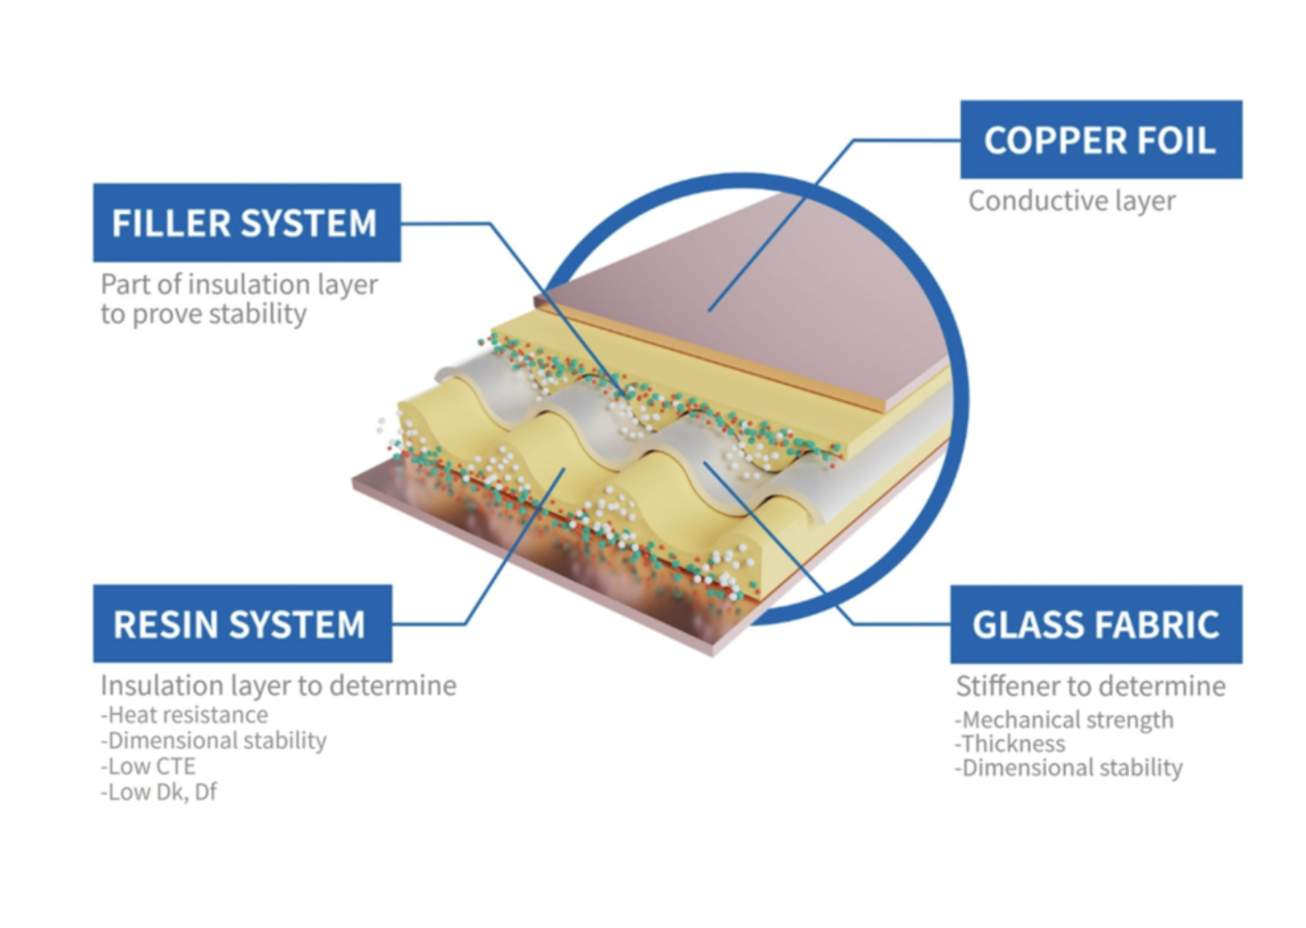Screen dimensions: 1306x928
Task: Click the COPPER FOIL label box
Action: [x=1101, y=140]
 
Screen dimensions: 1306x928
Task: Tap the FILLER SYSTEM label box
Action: [x=247, y=223]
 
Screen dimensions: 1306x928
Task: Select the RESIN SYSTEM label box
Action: [x=243, y=624]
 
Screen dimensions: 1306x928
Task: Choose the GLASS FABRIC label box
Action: [x=1096, y=624]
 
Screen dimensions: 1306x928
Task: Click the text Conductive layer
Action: [x=1071, y=201]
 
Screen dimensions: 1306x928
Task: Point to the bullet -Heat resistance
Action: [x=184, y=714]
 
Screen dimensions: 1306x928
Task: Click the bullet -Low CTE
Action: [x=148, y=765]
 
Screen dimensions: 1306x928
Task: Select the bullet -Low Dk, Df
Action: [x=159, y=792]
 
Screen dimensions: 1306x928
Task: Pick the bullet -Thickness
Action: [x=1010, y=743]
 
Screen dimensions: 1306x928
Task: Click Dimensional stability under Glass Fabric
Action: [x=1069, y=767]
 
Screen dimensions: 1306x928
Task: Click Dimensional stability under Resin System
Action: [x=214, y=740]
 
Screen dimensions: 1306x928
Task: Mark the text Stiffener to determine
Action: [x=1090, y=686]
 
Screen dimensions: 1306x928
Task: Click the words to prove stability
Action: [x=204, y=314]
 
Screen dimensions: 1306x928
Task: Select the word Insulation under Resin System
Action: [x=163, y=685]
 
